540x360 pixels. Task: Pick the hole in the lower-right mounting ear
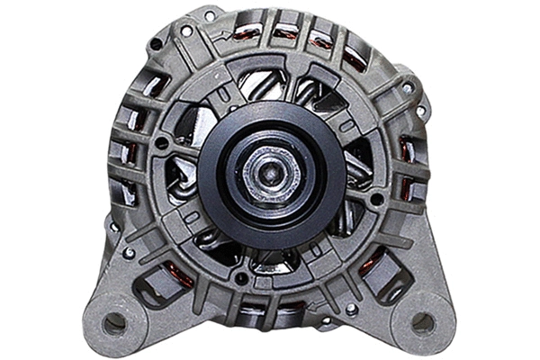422,321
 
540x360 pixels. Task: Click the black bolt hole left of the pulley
161,142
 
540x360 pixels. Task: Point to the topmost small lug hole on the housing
210,15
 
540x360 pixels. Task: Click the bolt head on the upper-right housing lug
408,88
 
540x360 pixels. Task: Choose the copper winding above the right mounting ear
369,265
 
